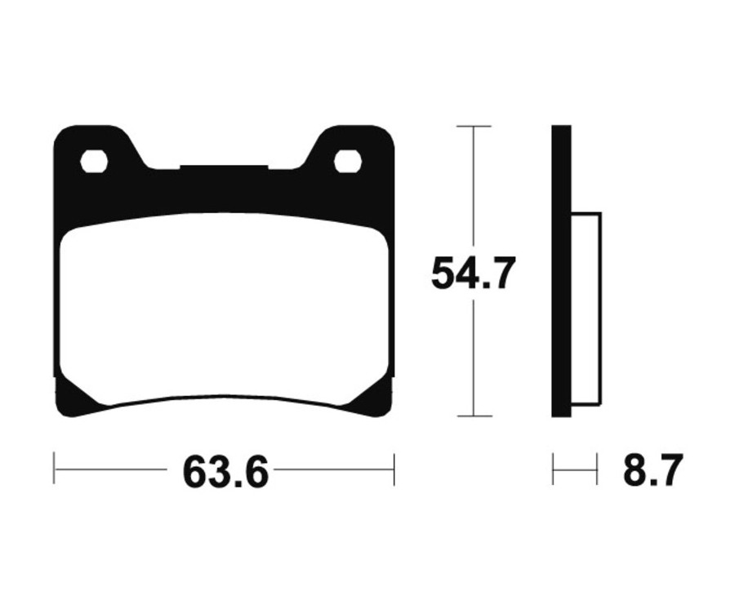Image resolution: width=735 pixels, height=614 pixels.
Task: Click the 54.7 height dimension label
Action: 474,274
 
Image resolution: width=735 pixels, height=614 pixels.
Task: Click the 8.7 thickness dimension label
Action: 652,471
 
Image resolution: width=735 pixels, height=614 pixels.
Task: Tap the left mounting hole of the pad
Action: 94,161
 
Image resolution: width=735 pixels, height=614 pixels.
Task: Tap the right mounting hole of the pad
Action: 348,161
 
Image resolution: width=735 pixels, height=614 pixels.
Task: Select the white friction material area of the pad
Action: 224,310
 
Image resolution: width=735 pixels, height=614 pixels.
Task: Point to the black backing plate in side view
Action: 561,269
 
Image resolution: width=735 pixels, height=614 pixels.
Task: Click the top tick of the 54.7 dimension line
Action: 474,127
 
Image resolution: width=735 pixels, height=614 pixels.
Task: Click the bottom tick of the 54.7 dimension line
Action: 474,416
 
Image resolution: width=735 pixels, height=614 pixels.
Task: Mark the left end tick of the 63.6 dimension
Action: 54,469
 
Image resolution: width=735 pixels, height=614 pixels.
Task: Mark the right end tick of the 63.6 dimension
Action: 394,469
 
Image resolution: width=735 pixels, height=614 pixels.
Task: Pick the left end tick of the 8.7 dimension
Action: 553,469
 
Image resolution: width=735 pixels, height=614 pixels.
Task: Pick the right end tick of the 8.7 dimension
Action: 597,469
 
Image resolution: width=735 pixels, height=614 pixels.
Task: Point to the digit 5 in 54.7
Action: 443,274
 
